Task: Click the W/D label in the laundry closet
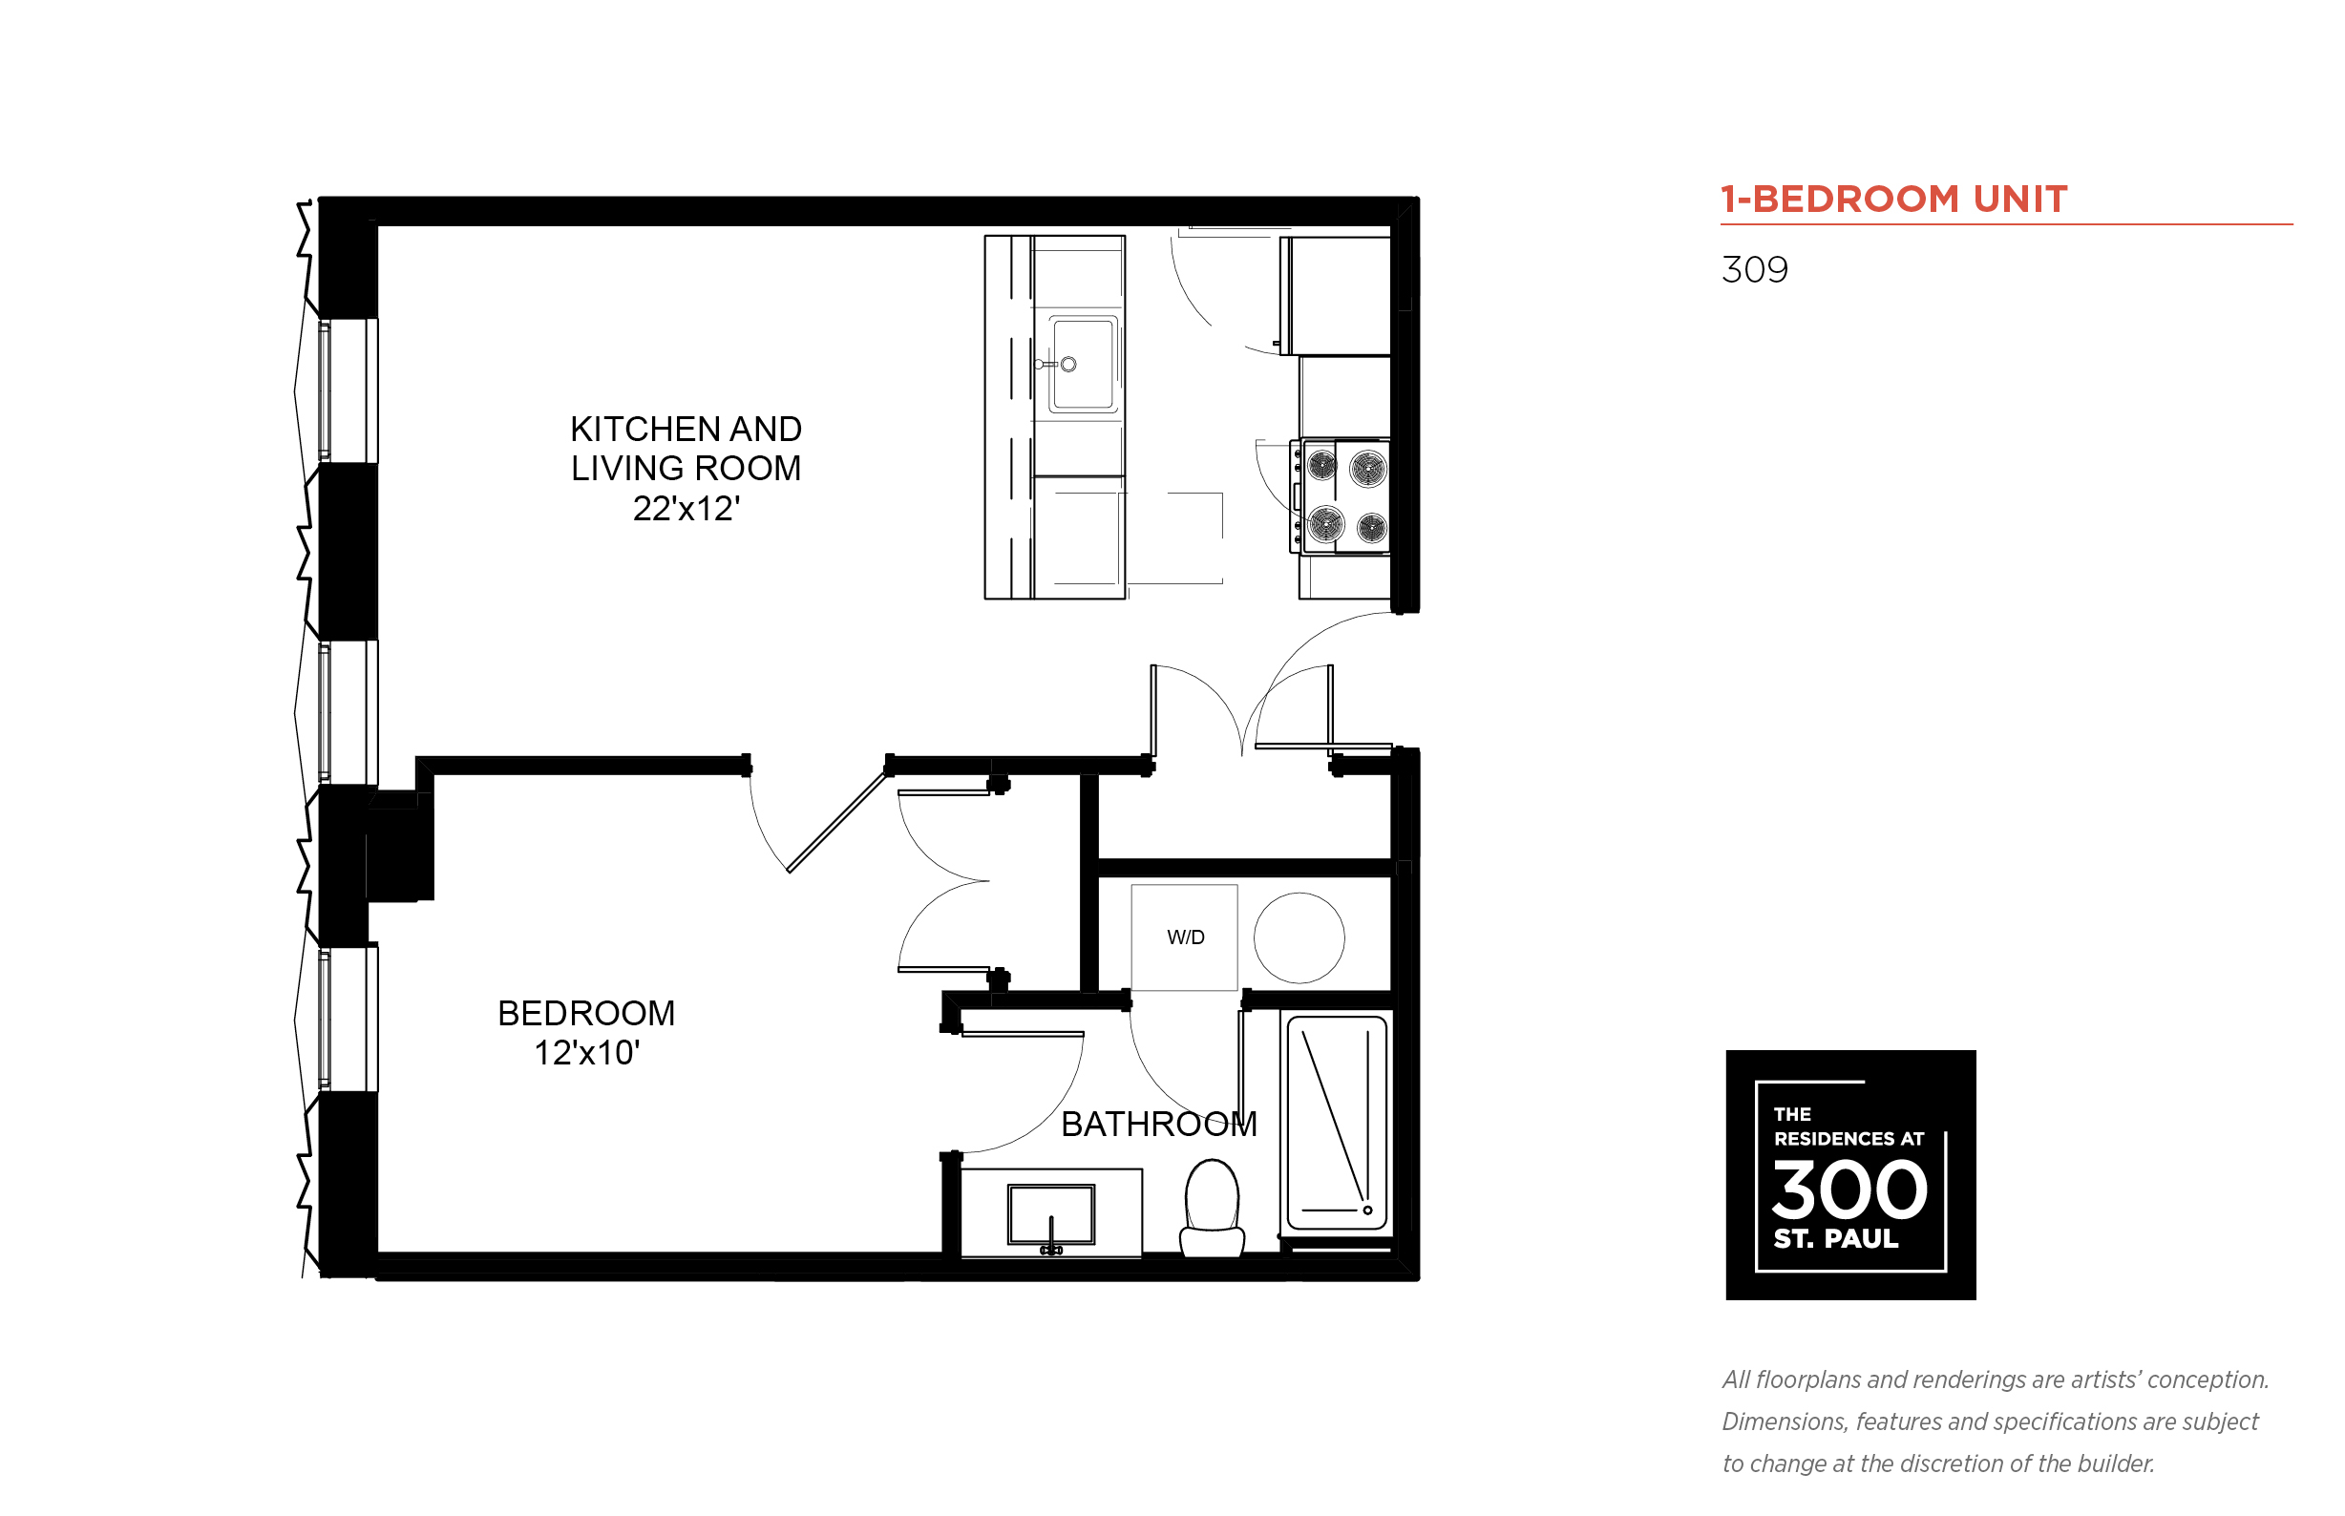(x=1185, y=937)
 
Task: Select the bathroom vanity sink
(x=1050, y=1214)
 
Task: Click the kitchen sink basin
(x=1083, y=365)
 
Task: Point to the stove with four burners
(x=1340, y=496)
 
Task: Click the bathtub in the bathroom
(x=1337, y=1124)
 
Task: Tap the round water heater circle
(x=1299, y=937)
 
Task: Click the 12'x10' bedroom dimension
(x=587, y=1052)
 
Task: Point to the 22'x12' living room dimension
(x=687, y=508)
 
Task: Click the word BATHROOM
(x=1159, y=1124)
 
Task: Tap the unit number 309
(x=1754, y=269)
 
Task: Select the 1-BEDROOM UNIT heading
(x=1893, y=199)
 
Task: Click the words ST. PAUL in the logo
(x=1835, y=1238)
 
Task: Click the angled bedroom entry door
(x=837, y=822)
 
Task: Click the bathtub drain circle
(x=1367, y=1210)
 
